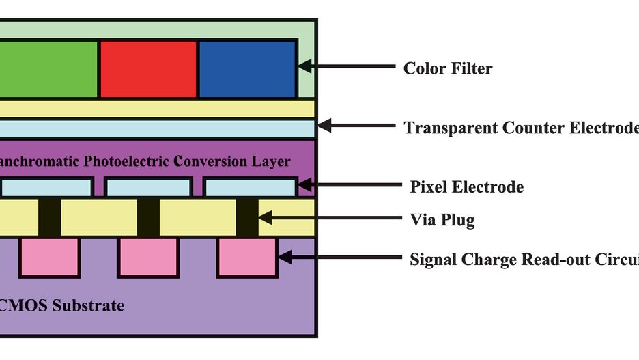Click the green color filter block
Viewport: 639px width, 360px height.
(x=48, y=68)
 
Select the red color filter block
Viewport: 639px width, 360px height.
(x=149, y=68)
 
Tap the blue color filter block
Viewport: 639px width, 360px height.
(x=247, y=68)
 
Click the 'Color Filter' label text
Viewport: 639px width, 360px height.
(x=447, y=68)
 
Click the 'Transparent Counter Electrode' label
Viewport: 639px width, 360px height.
(x=520, y=128)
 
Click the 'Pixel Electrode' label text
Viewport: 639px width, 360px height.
(x=466, y=186)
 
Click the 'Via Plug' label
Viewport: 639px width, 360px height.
(x=442, y=220)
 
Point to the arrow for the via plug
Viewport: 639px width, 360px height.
(x=328, y=219)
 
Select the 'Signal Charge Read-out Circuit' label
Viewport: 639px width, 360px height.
(x=524, y=260)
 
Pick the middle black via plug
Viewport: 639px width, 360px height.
(x=148, y=218)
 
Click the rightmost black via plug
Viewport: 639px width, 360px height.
(x=247, y=218)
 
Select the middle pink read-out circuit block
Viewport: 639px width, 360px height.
(x=148, y=257)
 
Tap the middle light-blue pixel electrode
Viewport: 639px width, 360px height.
(x=148, y=187)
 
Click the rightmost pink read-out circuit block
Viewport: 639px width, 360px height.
(x=247, y=257)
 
